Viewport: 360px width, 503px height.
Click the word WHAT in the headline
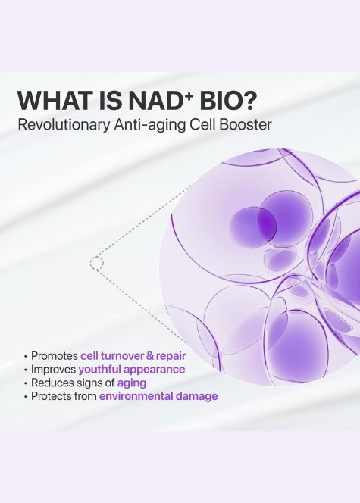click(52, 101)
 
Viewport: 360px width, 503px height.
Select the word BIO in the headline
click(227, 101)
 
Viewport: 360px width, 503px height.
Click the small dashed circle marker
click(96, 263)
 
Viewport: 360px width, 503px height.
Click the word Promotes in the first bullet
click(55, 355)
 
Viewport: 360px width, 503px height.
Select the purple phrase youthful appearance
click(133, 369)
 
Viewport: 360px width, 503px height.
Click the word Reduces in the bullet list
click(52, 383)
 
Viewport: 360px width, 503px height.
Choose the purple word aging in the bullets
click(131, 383)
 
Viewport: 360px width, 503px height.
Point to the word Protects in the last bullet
click(52, 396)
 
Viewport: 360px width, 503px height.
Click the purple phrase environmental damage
click(158, 396)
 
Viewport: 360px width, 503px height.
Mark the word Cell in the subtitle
click(209, 124)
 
